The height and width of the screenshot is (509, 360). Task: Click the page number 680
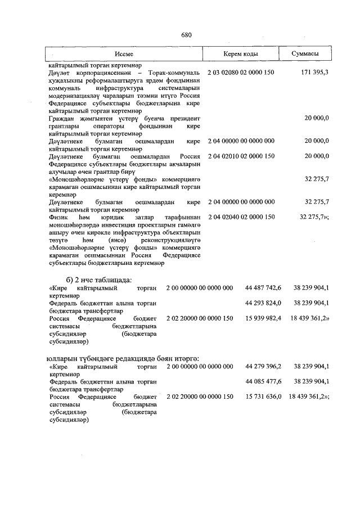186,35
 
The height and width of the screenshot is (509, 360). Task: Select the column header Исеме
124,54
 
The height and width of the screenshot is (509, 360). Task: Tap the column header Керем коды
240,54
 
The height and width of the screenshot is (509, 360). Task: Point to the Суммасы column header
305,54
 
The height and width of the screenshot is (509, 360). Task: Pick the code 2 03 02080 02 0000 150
241,73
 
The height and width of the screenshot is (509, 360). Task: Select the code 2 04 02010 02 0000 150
241,156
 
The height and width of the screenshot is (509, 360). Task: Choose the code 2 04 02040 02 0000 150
241,217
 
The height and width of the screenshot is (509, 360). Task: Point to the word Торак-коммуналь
174,73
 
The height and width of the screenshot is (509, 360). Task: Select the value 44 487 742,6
263,288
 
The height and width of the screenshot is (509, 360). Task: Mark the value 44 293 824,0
263,303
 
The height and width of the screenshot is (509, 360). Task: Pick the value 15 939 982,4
263,318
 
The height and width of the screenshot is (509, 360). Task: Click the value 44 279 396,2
263,367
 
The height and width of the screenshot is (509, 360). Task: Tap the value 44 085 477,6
263,382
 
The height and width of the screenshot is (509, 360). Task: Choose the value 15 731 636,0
263,397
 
